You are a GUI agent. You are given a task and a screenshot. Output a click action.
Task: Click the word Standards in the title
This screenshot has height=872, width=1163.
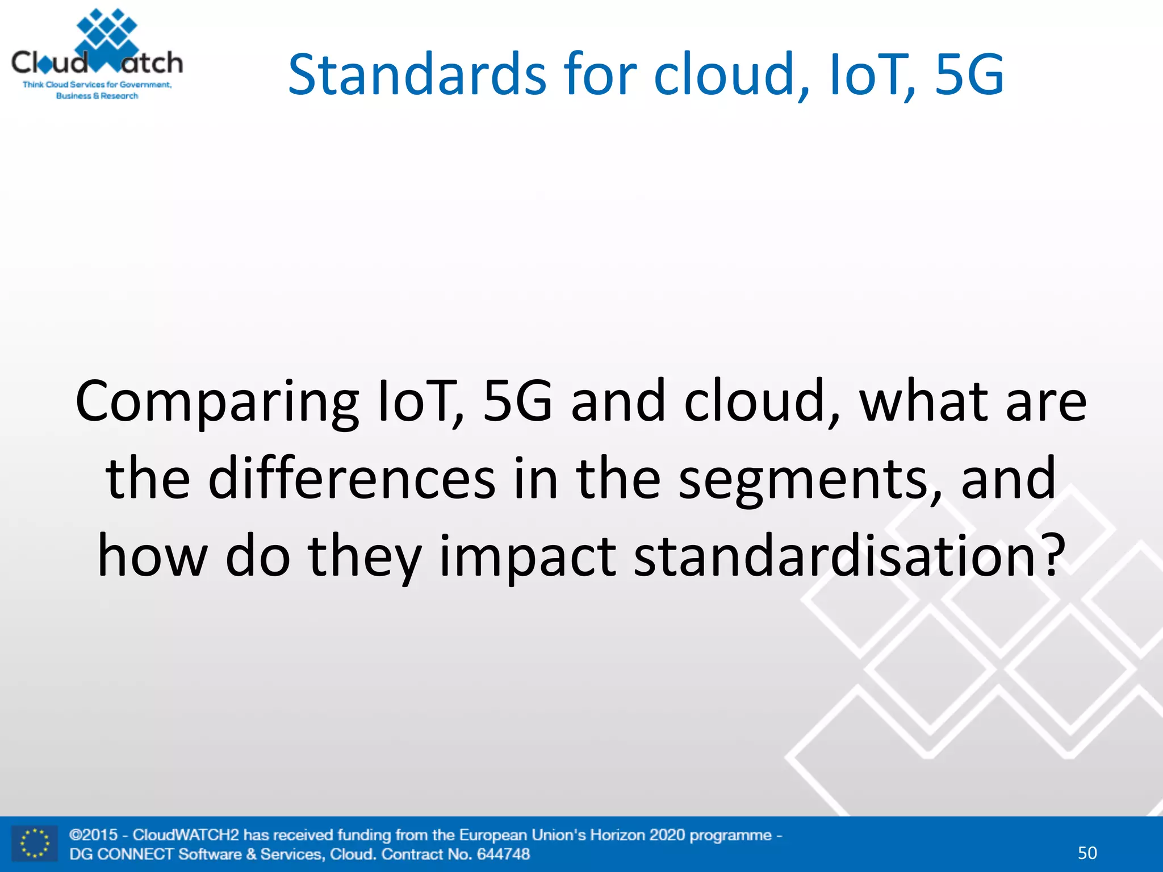417,74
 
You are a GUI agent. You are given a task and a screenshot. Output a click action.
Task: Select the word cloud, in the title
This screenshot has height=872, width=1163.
732,74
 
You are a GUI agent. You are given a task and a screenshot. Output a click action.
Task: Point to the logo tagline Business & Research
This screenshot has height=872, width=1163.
97,96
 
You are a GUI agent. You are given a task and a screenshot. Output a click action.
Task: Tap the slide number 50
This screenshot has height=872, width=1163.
1087,853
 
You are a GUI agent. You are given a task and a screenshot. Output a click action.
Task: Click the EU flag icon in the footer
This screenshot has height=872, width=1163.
35,844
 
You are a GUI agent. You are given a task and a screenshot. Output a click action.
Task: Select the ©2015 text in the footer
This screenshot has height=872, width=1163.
94,835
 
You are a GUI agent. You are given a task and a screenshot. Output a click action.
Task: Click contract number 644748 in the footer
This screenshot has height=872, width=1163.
503,854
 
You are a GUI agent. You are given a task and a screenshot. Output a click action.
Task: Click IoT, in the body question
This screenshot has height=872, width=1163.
420,402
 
